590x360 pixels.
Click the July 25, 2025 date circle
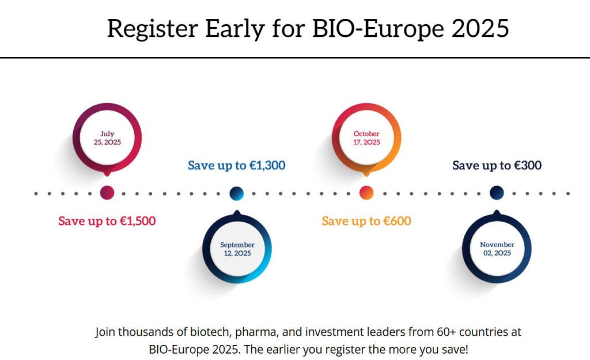pos(107,138)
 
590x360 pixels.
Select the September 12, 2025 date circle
pos(237,249)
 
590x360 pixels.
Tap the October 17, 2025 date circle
pos(366,138)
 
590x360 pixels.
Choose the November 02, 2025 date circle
pos(497,249)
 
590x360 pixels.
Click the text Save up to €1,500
pos(107,221)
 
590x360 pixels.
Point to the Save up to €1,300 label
pos(236,166)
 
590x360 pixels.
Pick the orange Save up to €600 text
pos(366,221)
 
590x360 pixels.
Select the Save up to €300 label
pos(497,166)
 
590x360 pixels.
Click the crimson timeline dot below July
pos(107,193)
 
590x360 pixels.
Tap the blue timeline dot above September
pos(237,194)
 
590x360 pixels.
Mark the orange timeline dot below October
pos(366,193)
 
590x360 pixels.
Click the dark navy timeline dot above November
pos(497,193)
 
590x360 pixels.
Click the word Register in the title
pos(148,29)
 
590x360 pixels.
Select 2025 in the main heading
pos(481,28)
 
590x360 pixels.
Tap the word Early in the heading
pos(227,28)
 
